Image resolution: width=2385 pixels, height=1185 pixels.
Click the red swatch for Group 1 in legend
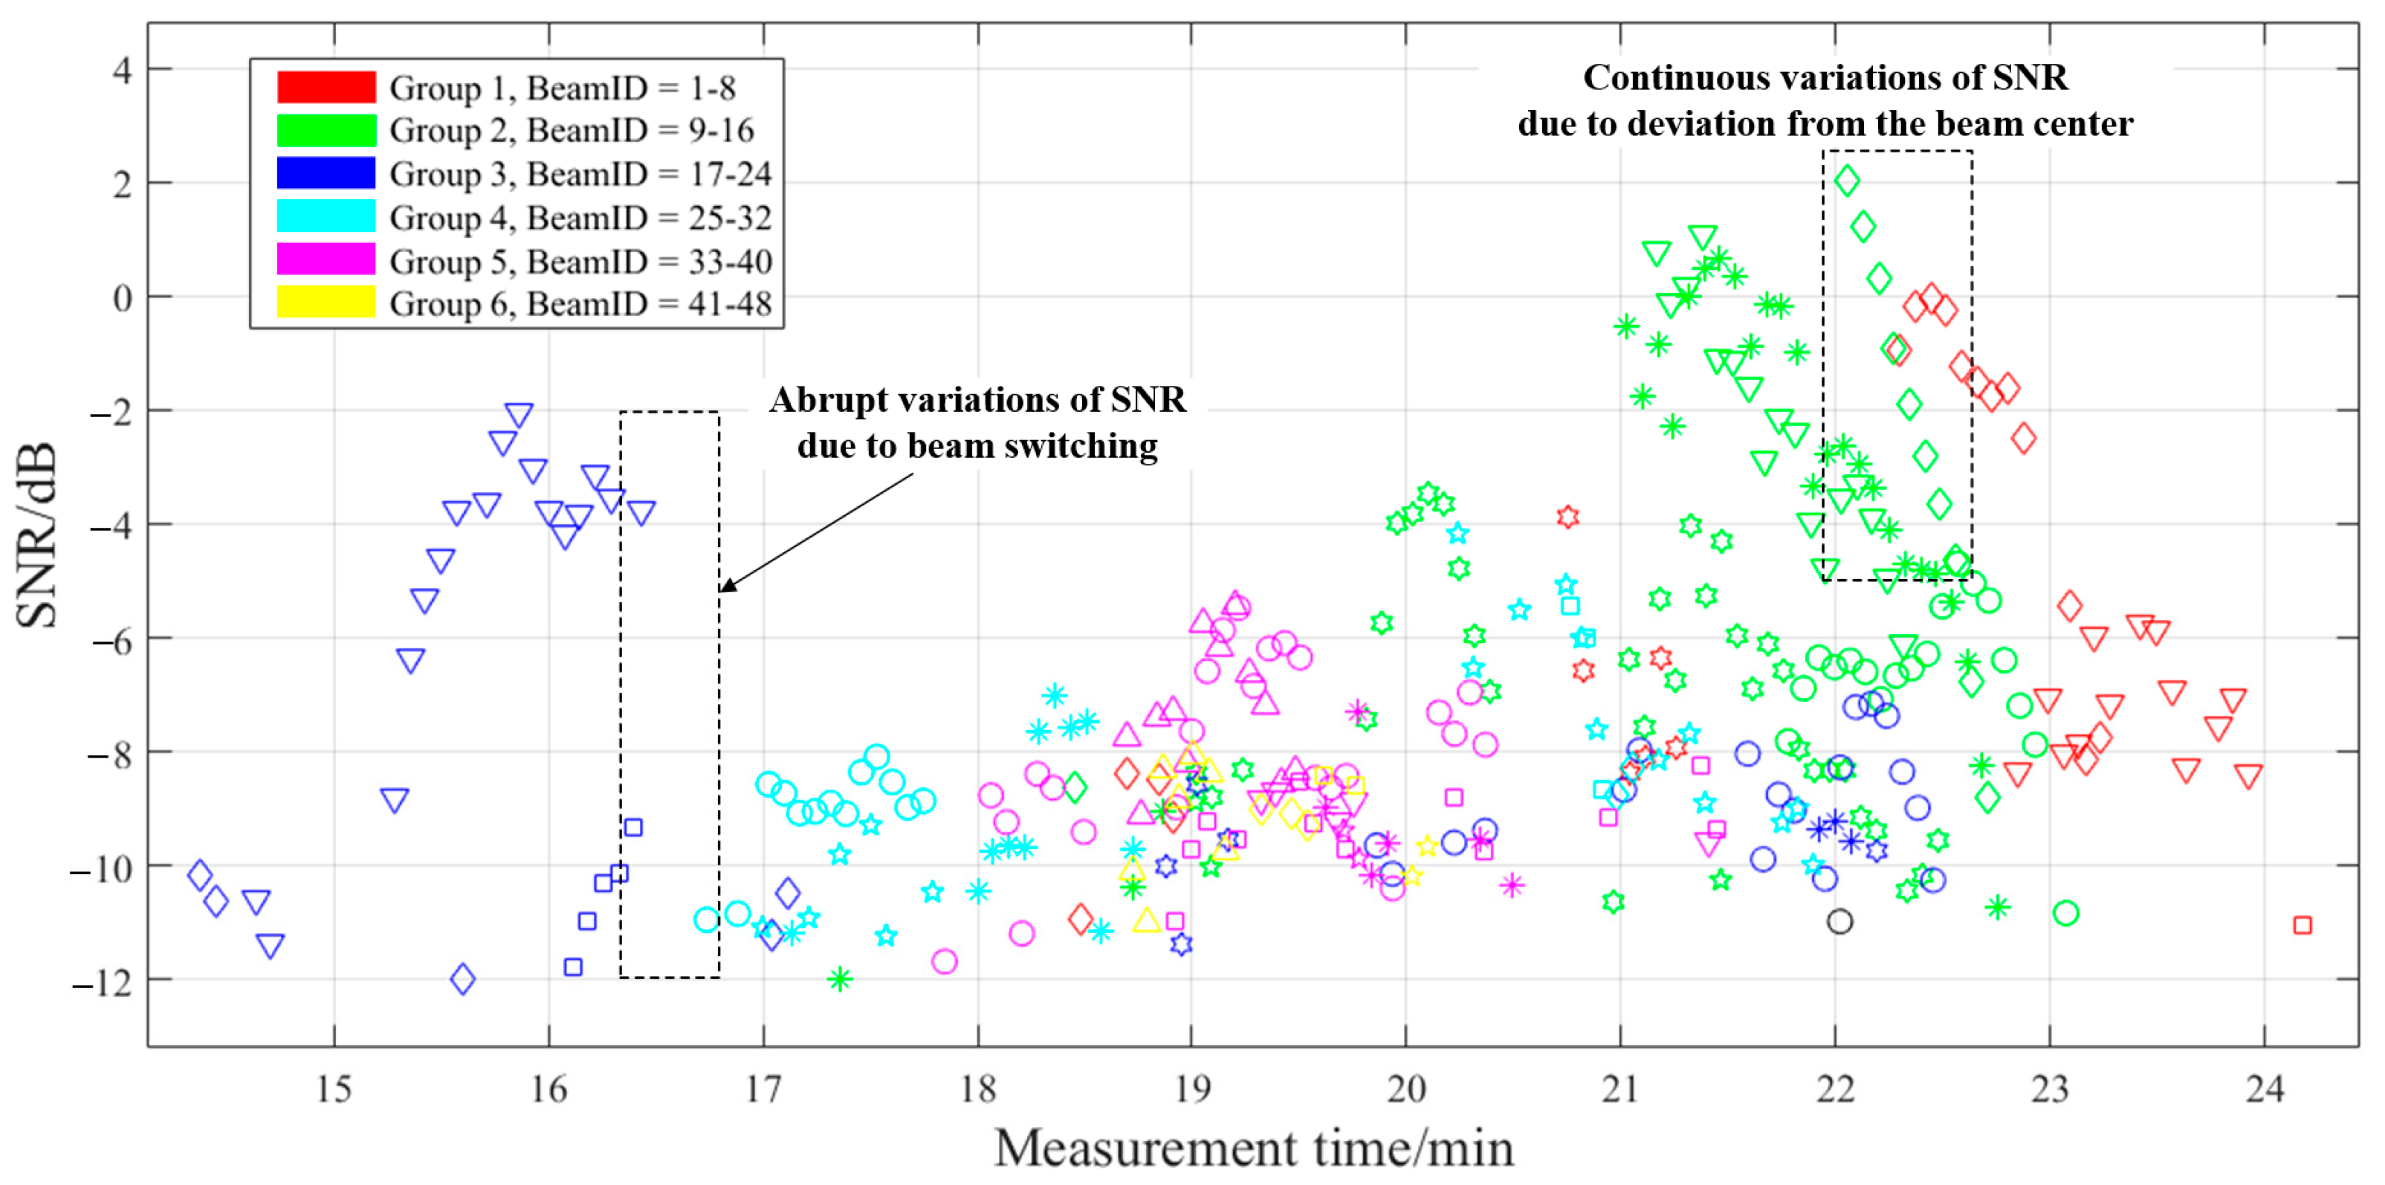click(x=326, y=87)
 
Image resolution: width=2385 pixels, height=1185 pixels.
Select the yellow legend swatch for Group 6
click(x=326, y=303)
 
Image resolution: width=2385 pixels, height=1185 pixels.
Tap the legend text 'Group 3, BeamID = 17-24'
click(x=580, y=174)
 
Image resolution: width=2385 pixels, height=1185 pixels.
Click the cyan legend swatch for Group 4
click(x=326, y=216)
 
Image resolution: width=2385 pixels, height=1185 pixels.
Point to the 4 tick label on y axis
click(x=122, y=71)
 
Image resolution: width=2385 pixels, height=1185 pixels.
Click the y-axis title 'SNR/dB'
click(x=37, y=535)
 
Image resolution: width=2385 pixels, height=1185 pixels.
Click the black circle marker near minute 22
click(x=1839, y=921)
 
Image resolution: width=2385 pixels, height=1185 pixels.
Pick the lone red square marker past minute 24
click(x=2302, y=925)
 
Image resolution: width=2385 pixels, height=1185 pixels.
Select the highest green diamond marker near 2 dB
click(x=1846, y=181)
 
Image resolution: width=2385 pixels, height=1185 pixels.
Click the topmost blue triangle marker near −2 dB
click(x=519, y=414)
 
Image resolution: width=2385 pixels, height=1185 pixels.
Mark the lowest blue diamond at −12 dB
click(x=462, y=978)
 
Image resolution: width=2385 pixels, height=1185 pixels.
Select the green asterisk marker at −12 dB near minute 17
click(x=839, y=978)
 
